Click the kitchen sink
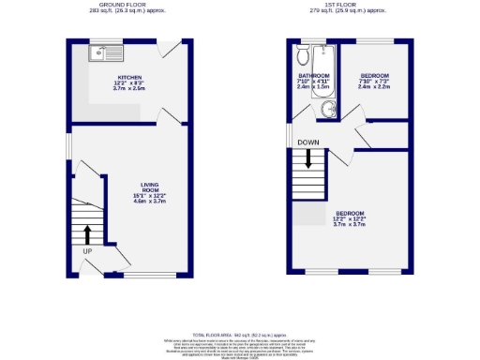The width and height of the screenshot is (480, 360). pyautogui.click(x=102, y=53)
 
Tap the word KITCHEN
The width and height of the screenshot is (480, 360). pyautogui.click(x=128, y=76)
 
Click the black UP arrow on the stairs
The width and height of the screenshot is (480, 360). pyautogui.click(x=87, y=232)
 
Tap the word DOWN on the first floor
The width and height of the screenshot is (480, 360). pyautogui.click(x=307, y=142)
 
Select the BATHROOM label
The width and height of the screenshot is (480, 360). pyautogui.click(x=314, y=75)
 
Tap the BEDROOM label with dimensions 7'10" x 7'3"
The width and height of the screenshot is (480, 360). pyautogui.click(x=375, y=75)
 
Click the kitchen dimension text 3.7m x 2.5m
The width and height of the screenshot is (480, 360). pyautogui.click(x=128, y=89)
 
